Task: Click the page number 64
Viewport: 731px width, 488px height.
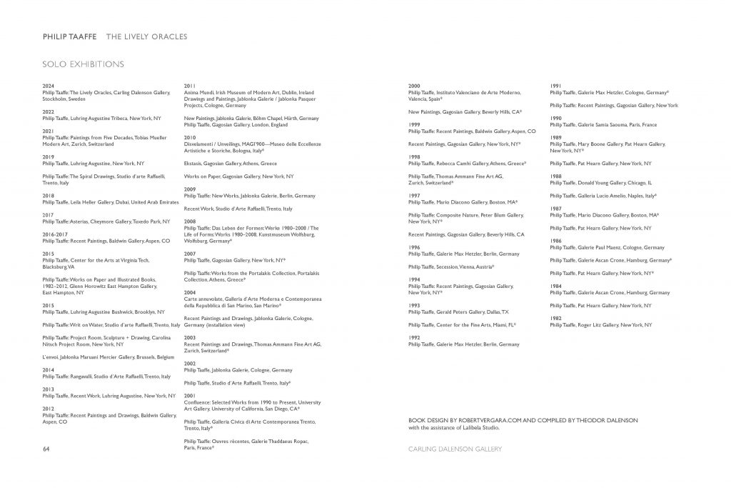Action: (46, 449)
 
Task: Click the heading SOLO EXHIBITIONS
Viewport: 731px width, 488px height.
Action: (83, 64)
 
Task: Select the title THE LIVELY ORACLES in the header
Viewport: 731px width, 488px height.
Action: (147, 36)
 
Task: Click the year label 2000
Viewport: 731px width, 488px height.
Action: (414, 86)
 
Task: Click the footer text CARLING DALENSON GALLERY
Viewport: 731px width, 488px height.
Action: (455, 449)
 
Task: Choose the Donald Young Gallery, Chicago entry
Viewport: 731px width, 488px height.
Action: (601, 182)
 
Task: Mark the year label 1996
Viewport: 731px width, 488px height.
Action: (414, 247)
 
